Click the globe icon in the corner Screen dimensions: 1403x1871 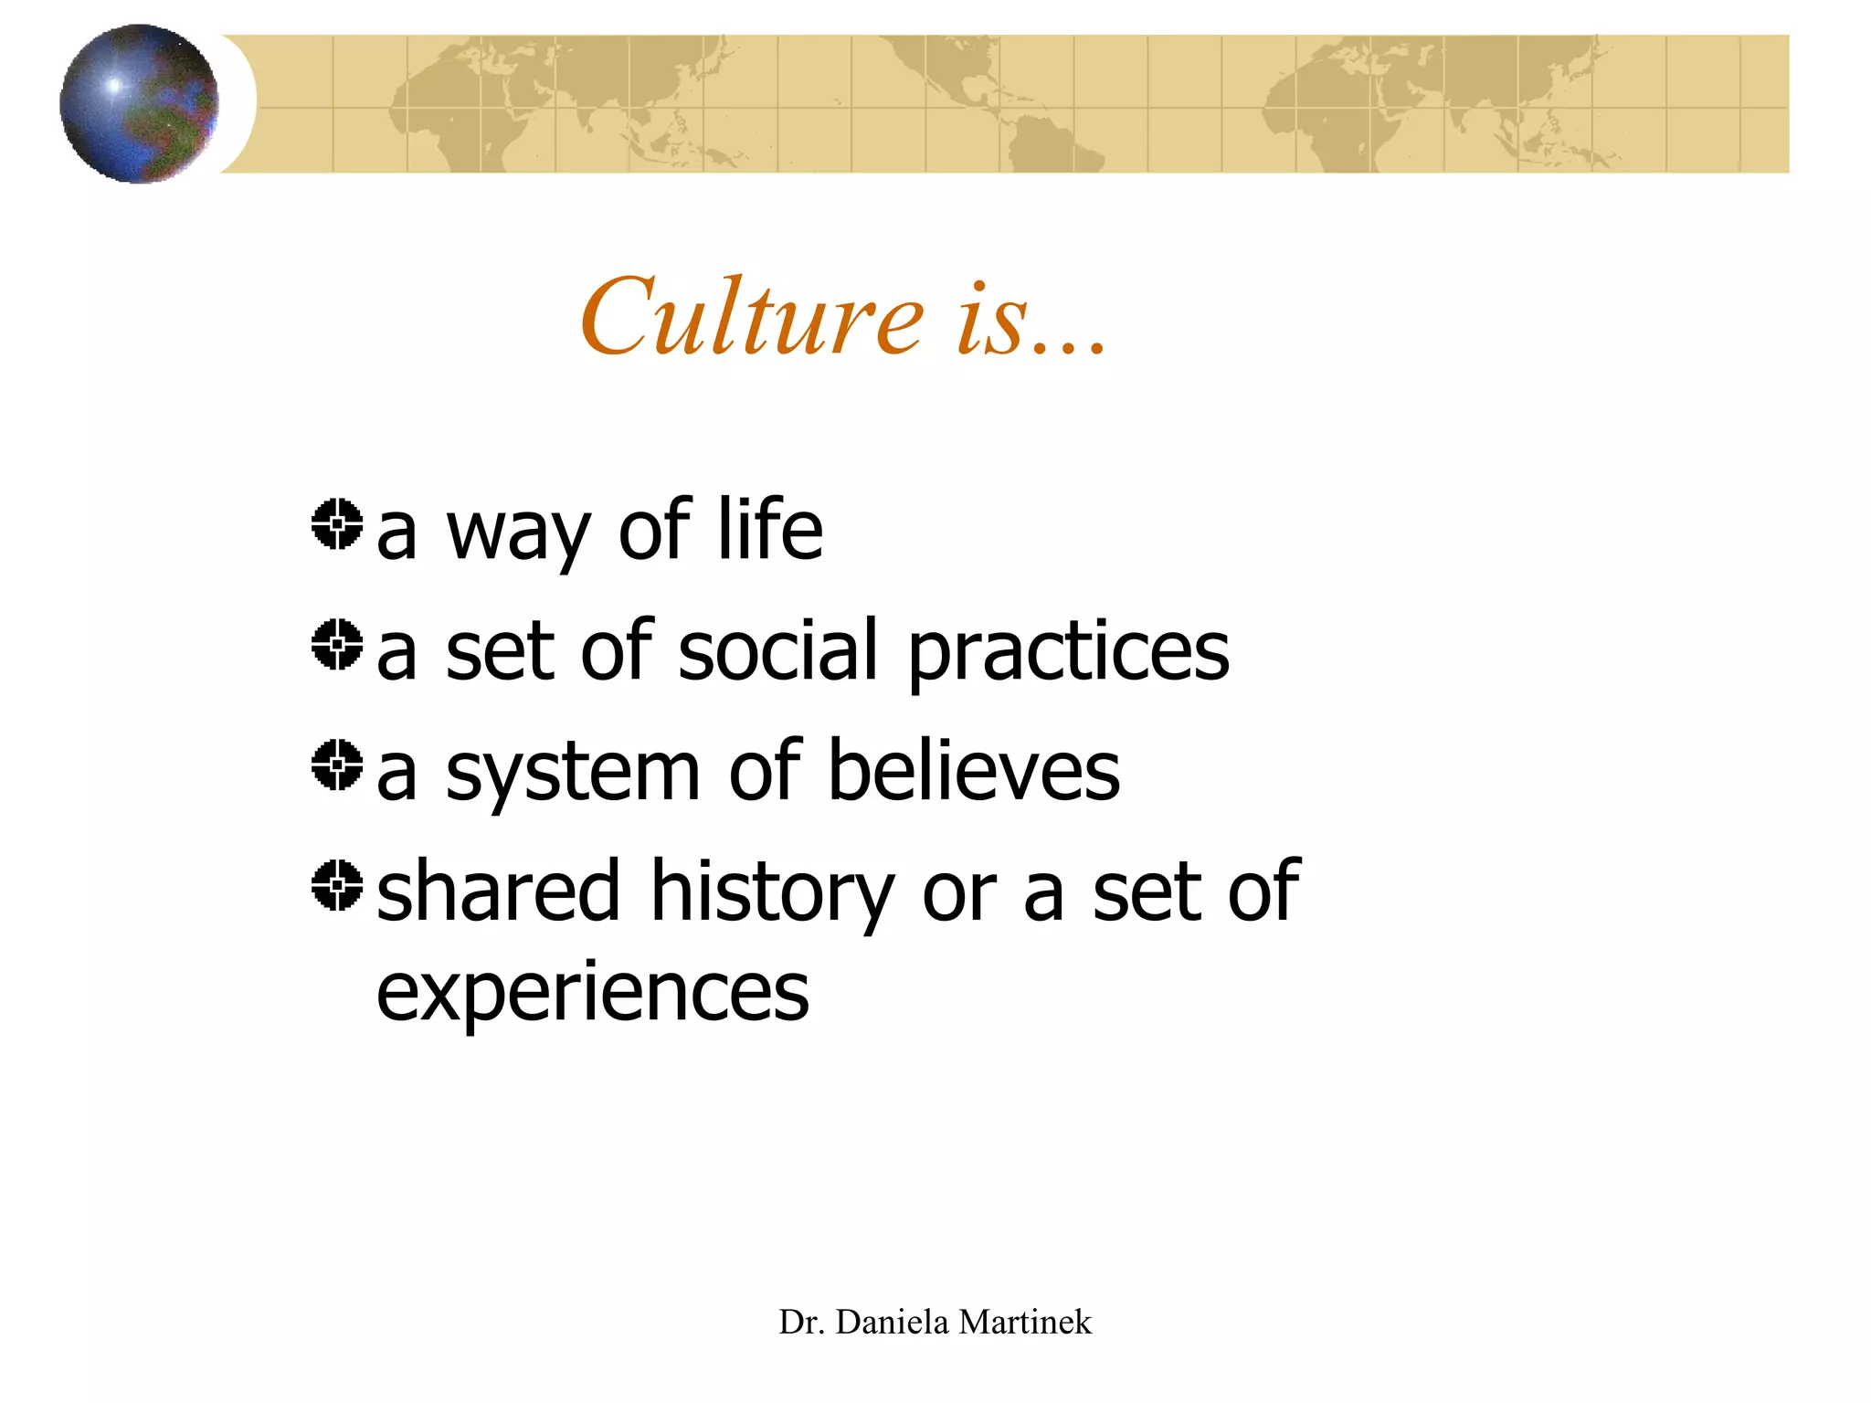139,103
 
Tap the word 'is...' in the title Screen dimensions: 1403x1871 1031,320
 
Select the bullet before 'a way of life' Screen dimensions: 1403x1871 337,524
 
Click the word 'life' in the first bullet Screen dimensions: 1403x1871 769,529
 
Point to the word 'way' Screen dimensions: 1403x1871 517,533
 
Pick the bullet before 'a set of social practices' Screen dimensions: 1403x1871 337,644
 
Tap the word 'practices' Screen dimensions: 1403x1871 1069,652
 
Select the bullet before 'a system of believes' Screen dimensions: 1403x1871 337,765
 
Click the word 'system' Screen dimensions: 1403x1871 574,775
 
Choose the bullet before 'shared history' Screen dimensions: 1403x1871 337,885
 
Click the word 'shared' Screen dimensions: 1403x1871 499,891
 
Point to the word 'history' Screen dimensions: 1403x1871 772,894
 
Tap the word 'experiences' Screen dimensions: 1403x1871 593,992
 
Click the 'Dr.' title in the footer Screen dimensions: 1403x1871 801,1322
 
